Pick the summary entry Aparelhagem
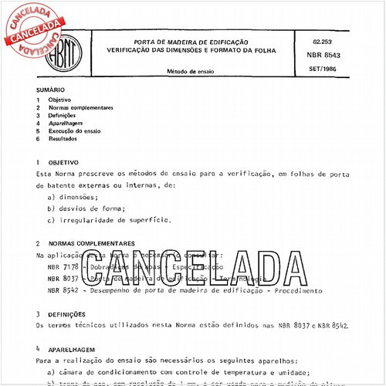(x=65, y=124)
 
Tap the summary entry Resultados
(x=63, y=139)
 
